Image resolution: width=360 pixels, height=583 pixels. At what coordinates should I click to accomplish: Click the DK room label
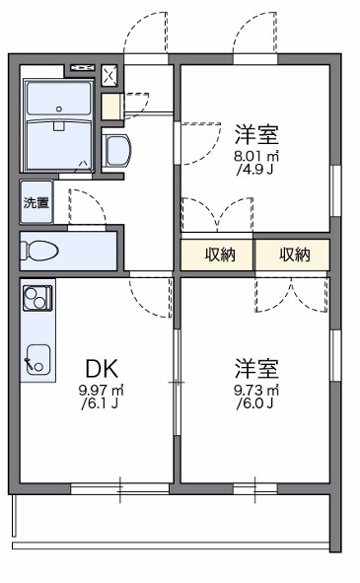click(x=102, y=369)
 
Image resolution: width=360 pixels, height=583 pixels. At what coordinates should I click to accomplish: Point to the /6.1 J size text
click(x=102, y=403)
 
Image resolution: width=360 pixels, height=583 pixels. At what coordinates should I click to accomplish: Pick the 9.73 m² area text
click(x=255, y=390)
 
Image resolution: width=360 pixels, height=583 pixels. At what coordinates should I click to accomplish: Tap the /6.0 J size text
click(x=255, y=403)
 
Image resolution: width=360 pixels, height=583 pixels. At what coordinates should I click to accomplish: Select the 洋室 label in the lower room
click(x=255, y=369)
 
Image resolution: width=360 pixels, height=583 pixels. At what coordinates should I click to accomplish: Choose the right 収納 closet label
click(x=293, y=255)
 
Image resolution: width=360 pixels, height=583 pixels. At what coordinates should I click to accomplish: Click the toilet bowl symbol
click(x=39, y=250)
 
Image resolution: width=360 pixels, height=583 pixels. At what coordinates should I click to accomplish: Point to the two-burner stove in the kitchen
click(x=37, y=295)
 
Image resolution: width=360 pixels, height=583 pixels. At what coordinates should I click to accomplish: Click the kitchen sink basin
click(x=37, y=361)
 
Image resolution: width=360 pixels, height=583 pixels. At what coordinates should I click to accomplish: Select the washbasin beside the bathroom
click(x=113, y=151)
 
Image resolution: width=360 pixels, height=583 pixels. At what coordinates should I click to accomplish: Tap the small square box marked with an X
click(x=108, y=73)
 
